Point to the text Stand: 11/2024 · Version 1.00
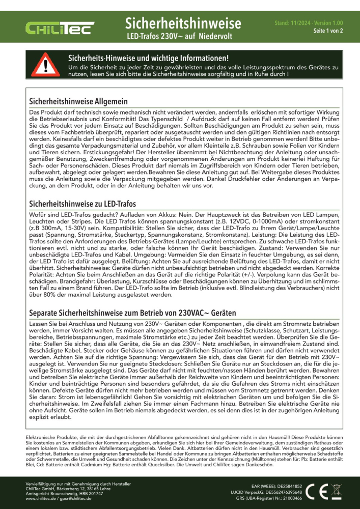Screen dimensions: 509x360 pos(309,23)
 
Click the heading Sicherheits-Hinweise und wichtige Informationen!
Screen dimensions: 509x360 pos(148,59)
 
